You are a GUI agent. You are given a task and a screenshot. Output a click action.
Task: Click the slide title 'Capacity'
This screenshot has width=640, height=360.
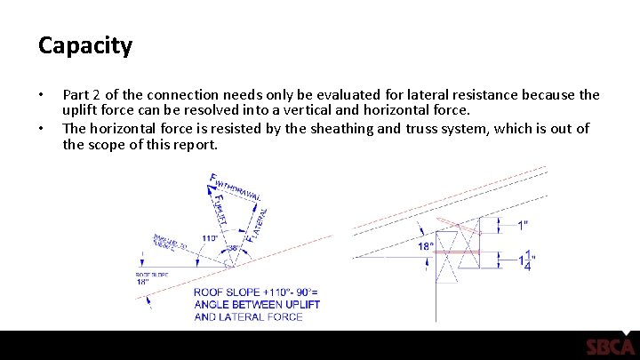85,45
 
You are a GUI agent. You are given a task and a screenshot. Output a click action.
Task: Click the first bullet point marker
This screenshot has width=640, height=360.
40,95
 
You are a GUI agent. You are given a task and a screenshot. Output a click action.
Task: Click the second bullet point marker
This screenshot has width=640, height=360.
40,129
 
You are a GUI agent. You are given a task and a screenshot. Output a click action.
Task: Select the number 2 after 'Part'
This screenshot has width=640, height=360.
100,95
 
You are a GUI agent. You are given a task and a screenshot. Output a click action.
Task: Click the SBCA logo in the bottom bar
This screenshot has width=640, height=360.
610,347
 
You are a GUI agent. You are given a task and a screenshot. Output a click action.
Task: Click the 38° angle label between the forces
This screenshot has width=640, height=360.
233,249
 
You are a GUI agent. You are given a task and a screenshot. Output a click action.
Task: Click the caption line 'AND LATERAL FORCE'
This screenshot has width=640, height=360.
248,317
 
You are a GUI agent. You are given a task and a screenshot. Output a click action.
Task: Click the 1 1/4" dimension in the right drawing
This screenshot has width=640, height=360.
527,260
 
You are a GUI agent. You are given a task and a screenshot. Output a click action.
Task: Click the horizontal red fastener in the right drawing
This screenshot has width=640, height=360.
458,252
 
